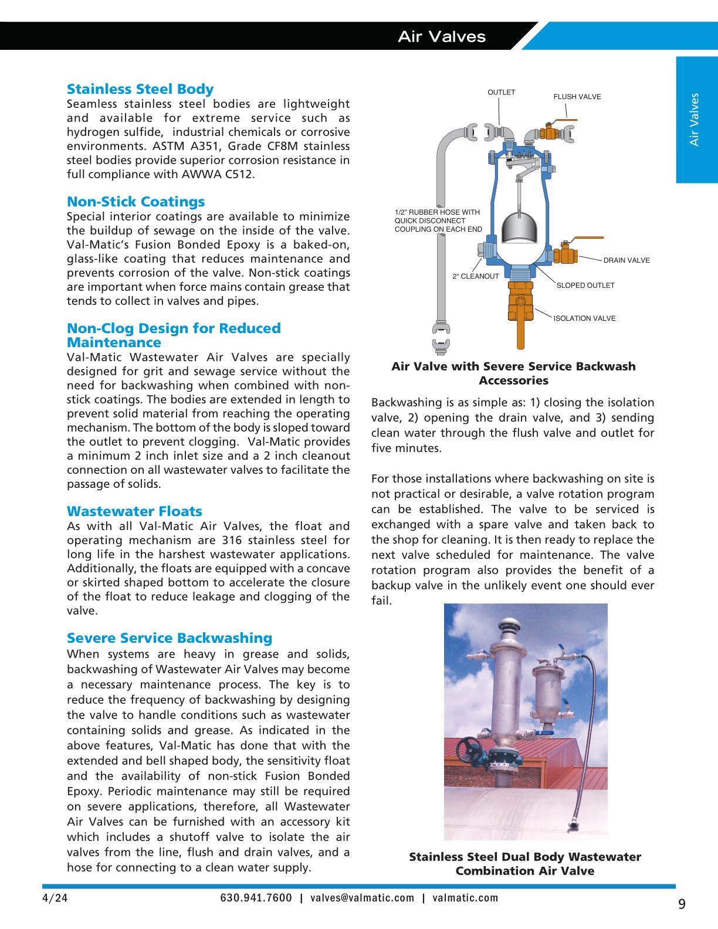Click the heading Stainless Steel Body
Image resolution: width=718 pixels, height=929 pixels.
coord(140,89)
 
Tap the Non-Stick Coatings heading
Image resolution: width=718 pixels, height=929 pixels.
coord(136,202)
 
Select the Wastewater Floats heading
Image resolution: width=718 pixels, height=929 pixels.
coord(134,511)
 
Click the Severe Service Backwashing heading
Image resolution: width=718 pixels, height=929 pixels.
coord(170,638)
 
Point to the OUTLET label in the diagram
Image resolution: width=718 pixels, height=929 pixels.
coord(501,93)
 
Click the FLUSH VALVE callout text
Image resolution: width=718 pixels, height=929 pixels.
coord(577,97)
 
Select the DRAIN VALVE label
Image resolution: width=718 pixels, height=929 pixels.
coord(626,260)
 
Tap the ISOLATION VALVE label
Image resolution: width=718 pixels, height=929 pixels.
coord(584,318)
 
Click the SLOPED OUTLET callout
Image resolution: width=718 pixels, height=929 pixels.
coord(585,286)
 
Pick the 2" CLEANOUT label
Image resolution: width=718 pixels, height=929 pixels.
coord(475,276)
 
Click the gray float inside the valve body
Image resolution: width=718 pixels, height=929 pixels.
coord(520,228)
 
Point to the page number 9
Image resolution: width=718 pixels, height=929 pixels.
coord(682,904)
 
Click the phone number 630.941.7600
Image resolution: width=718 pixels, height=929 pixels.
coord(256,898)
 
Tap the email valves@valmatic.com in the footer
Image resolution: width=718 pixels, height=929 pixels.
coord(362,898)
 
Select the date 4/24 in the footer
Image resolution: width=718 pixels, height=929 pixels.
coord(55,898)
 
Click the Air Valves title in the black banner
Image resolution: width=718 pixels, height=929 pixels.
coord(442,36)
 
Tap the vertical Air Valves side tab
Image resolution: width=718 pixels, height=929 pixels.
coord(695,120)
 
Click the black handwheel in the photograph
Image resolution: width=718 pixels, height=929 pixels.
coord(470,749)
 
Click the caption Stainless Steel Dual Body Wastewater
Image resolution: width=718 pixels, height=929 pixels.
coord(524,857)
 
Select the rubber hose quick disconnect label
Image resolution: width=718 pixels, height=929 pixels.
coord(438,221)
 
